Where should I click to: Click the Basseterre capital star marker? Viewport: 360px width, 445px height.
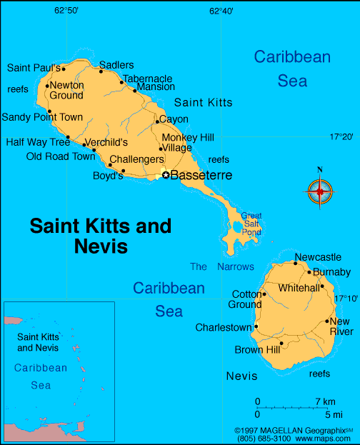[166, 174]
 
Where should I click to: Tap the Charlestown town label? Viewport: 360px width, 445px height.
[224, 328]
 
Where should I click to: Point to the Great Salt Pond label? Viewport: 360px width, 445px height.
[251, 224]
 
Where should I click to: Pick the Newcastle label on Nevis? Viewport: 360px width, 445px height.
[318, 257]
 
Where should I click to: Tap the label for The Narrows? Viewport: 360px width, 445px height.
[221, 266]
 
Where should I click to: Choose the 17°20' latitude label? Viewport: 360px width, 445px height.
[341, 136]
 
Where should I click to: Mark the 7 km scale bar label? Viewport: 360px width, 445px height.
[325, 401]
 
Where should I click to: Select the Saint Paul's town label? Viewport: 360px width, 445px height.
[34, 68]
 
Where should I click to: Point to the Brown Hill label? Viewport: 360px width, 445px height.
[257, 350]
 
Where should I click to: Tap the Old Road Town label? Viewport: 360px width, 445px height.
[60, 156]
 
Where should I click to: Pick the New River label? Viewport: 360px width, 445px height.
[341, 326]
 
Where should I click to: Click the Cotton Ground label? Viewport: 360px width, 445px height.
[245, 299]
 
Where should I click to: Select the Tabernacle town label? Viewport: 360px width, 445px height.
[147, 79]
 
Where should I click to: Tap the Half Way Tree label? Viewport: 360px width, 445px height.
[38, 142]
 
